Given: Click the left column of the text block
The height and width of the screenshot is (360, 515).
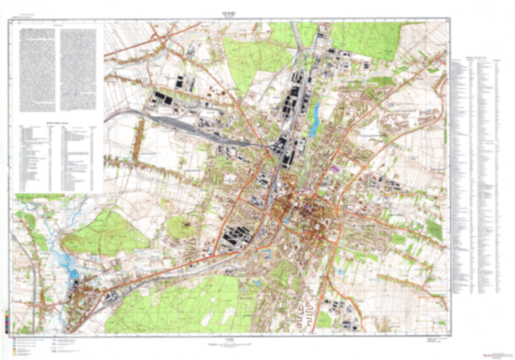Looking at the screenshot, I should coord(37,70).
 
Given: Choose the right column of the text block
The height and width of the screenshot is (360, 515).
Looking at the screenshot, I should coord(78,70).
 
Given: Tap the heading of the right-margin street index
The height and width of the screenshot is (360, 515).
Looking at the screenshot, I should coord(474,57).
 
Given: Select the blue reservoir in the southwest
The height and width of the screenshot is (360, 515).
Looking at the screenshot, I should coord(73,273).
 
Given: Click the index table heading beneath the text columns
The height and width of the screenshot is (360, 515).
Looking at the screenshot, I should coord(57,123).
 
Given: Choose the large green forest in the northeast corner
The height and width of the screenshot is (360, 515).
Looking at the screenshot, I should coord(367,37).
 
